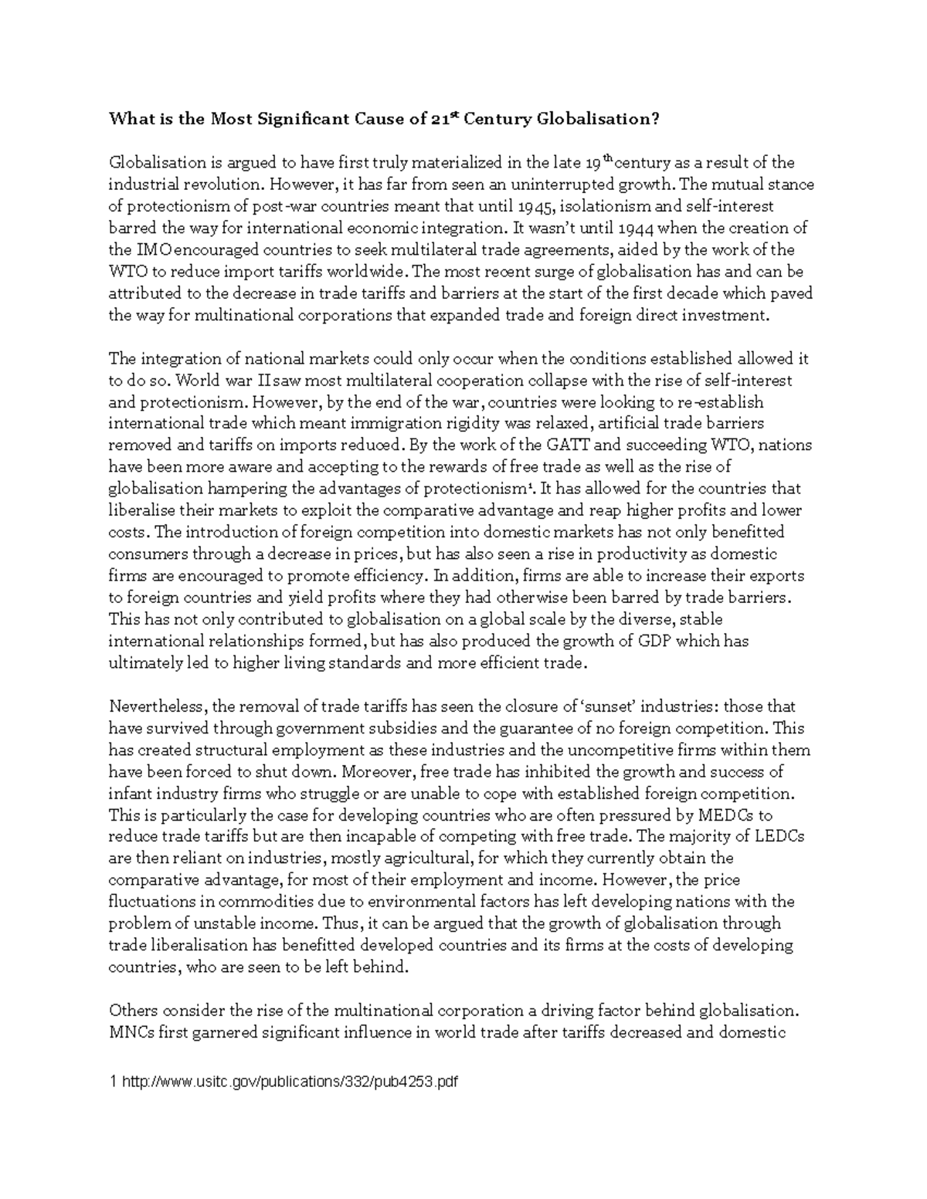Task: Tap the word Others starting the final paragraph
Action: (x=132, y=1011)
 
